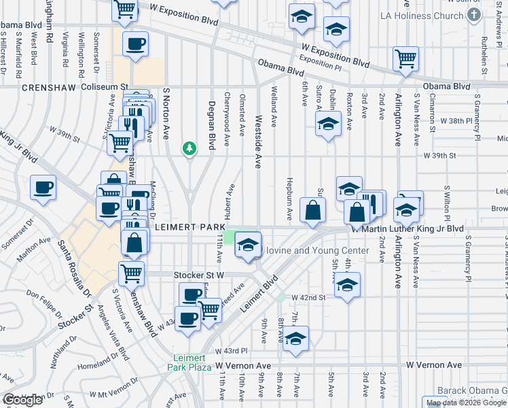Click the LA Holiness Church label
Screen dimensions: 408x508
tap(422, 16)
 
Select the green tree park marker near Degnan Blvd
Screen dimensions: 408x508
tap(190, 148)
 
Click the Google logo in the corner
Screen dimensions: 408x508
tap(22, 400)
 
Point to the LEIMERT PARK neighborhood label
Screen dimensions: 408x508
tap(186, 226)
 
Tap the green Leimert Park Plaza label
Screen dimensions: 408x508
tap(190, 365)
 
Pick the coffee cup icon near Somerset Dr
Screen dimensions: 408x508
tap(43, 186)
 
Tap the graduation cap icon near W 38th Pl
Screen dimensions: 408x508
tap(328, 123)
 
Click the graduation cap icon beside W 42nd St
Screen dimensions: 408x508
tap(347, 284)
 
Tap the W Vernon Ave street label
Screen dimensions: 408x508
tap(435, 365)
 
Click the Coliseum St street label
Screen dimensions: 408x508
tap(105, 87)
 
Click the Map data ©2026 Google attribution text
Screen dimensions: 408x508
tap(467, 403)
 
